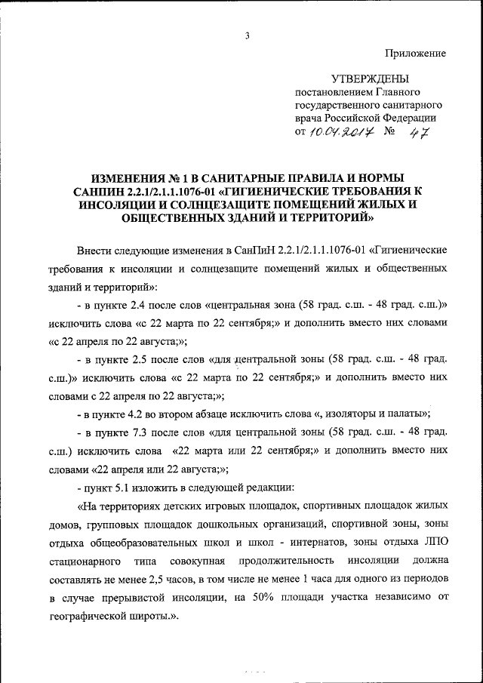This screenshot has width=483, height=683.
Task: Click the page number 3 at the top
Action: click(246, 35)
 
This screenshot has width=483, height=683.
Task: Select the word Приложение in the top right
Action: click(416, 53)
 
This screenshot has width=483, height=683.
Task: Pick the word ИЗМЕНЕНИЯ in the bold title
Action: click(127, 178)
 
